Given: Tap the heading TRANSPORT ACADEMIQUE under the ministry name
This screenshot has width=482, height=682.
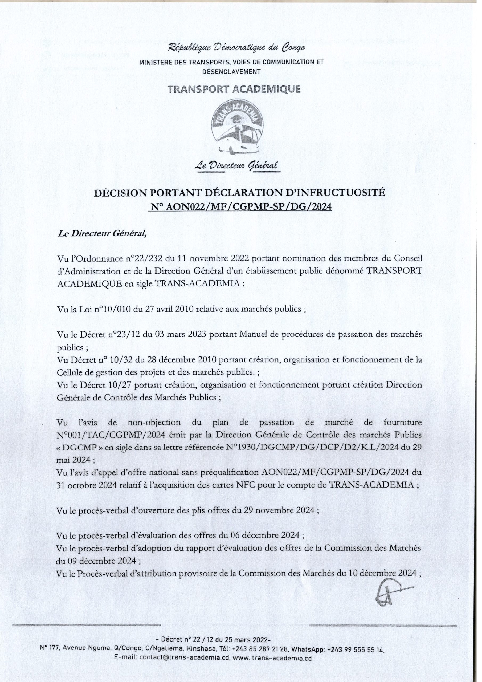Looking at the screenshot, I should [234, 89].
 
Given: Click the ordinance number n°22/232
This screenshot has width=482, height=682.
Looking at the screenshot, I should [143, 259].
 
